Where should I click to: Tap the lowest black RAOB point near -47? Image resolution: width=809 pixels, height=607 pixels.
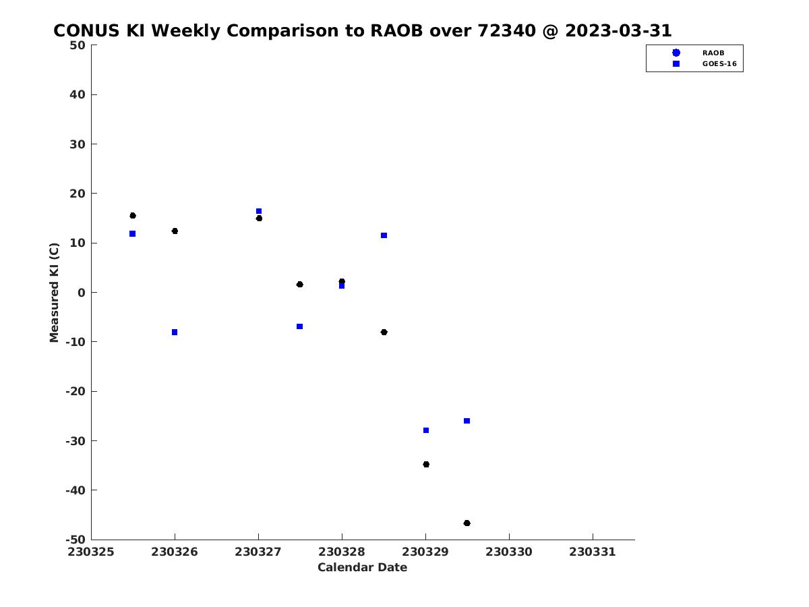coord(467,523)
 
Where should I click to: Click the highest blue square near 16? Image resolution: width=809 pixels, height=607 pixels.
coord(259,211)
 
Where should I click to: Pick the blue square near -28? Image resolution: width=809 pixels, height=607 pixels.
coord(426,430)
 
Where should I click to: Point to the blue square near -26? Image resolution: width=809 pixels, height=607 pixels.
coord(467,420)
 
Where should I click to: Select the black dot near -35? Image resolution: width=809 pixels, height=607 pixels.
coord(426,464)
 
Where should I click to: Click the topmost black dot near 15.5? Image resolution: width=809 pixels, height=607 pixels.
coord(133,216)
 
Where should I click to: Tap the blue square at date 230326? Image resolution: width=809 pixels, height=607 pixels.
coord(175,332)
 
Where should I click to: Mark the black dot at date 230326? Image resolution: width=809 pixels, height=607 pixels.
coord(175,231)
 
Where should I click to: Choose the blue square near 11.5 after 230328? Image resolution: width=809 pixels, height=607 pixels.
coord(384,235)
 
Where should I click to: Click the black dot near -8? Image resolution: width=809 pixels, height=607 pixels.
coord(384,332)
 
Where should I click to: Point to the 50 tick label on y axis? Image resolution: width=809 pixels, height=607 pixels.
coord(78,45)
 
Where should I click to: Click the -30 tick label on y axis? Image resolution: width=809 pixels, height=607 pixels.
coord(76,441)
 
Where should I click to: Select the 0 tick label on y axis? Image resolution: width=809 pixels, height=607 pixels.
coord(82,293)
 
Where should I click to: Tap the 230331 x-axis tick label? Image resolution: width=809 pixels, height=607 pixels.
coord(593,552)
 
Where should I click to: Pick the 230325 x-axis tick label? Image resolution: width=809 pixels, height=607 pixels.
coord(90,552)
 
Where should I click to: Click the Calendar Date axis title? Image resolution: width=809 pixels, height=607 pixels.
coord(362,567)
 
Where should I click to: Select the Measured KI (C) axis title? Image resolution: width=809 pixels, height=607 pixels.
coord(54,293)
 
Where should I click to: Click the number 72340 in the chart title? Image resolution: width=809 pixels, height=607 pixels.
coord(506,30)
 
